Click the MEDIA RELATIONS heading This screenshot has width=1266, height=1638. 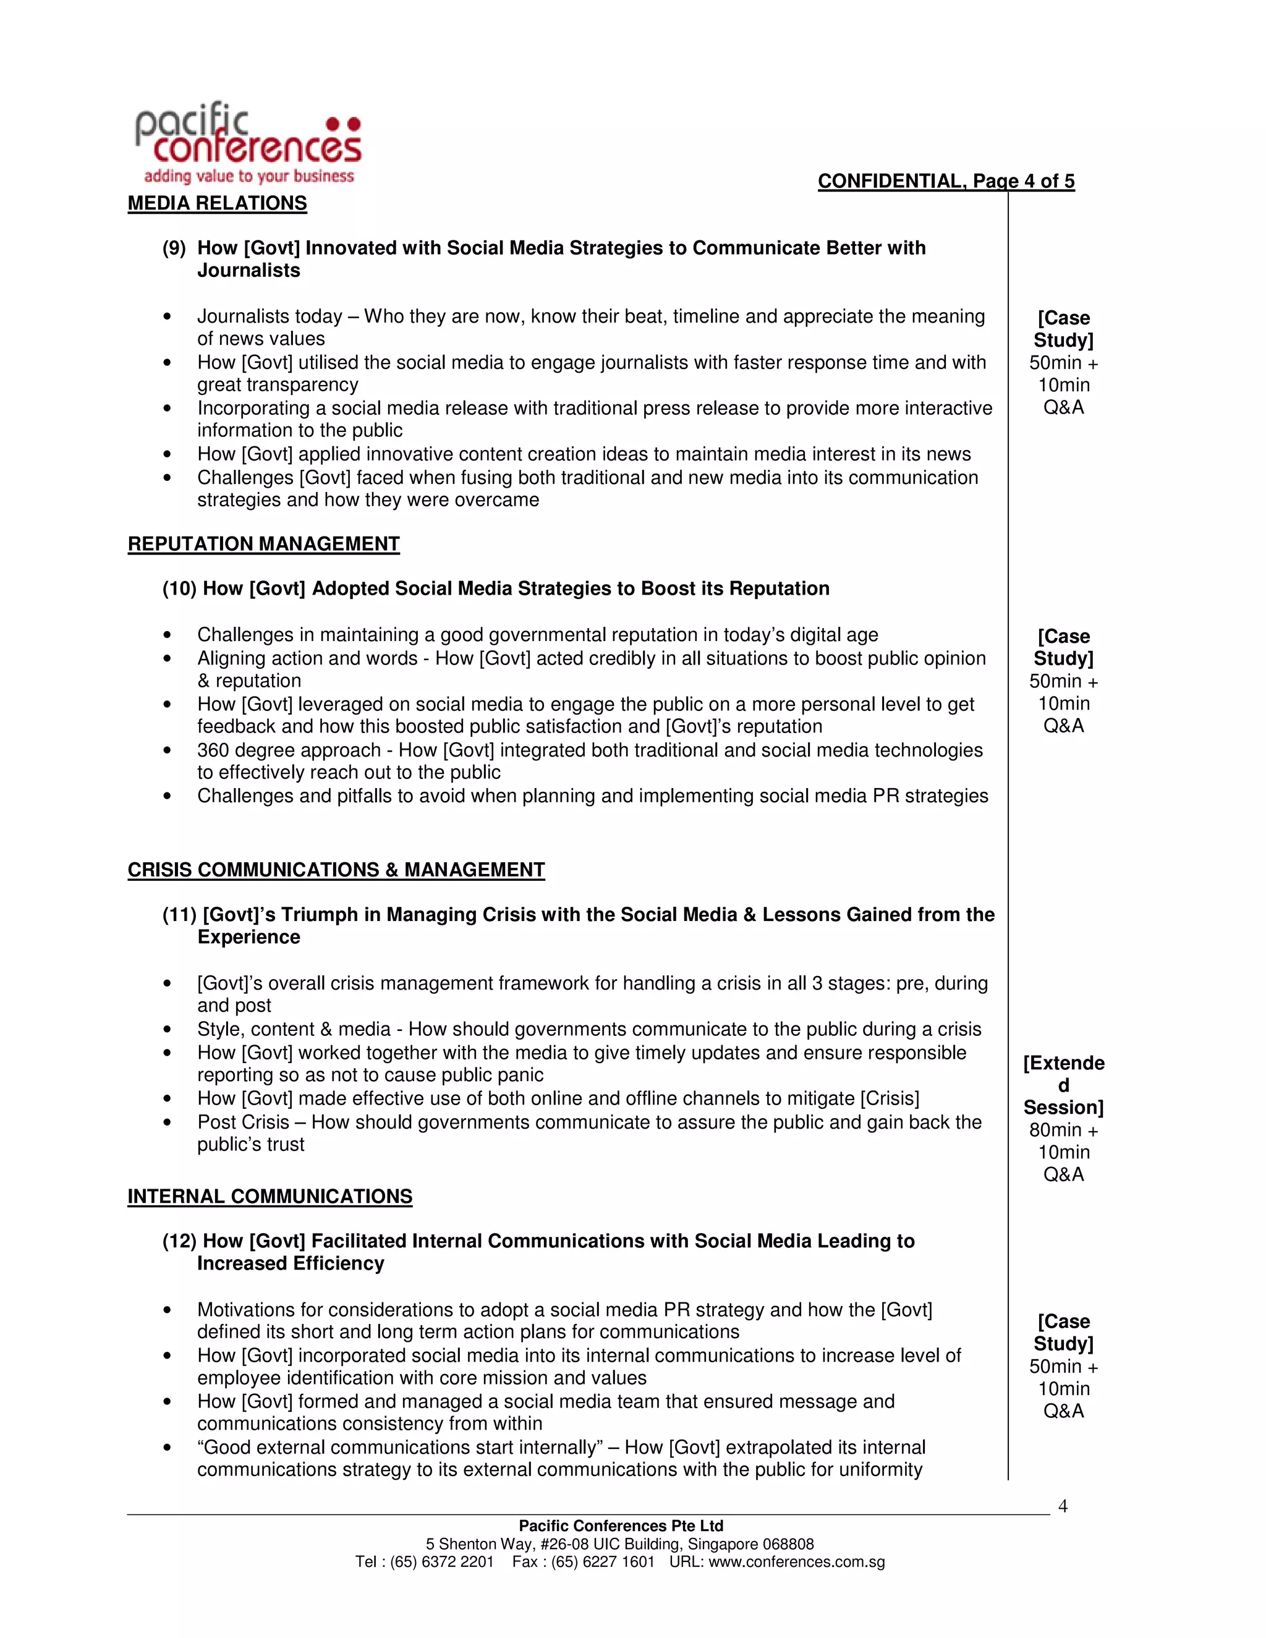coord(217,203)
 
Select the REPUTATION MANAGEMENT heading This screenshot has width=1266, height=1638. coord(263,544)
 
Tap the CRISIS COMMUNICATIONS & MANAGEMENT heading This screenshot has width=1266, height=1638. coord(336,870)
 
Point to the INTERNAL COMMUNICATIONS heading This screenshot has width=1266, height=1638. coord(270,1196)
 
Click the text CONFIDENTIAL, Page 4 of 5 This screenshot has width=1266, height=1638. coord(946,182)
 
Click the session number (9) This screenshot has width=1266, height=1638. coord(174,248)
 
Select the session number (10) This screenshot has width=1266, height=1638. coord(179,588)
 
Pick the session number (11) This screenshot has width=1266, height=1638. coord(179,915)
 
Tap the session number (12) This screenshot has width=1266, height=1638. coord(179,1241)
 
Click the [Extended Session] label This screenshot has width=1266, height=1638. coord(1063,1085)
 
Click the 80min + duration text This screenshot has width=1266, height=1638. coord(1063,1131)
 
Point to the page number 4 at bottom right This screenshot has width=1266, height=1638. coord(1062,1506)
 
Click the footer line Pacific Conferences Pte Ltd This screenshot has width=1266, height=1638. coord(621,1526)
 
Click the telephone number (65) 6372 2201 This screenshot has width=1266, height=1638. coord(442,1562)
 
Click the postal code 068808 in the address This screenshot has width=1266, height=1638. coord(788,1544)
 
